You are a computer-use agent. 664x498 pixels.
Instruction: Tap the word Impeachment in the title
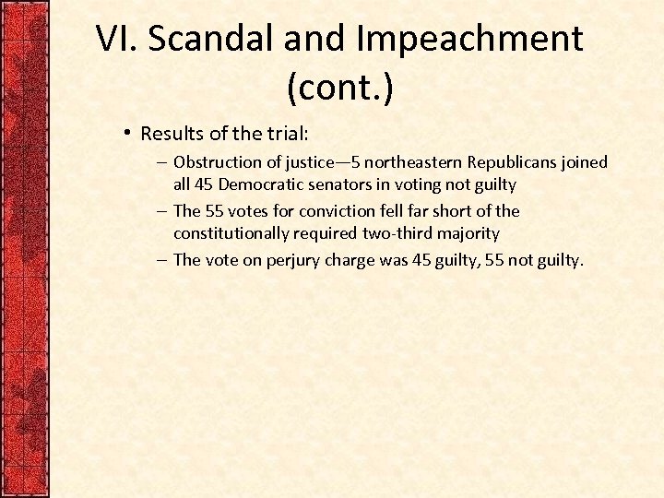469,39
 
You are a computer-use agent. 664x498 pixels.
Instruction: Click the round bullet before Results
128,132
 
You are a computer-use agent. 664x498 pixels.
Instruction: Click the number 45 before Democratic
205,184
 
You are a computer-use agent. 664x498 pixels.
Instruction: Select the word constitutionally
232,233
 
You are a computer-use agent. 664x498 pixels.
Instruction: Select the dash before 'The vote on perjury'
161,260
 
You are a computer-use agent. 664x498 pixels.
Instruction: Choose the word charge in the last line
350,260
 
